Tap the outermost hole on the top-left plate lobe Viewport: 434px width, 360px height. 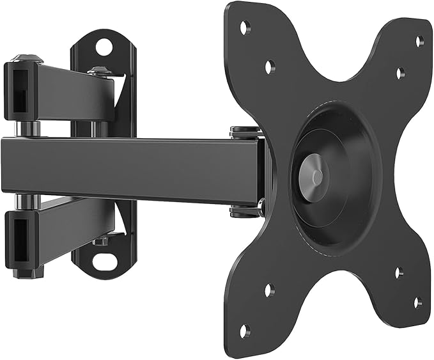click(x=244, y=27)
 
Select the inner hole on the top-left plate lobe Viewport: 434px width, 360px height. click(x=270, y=65)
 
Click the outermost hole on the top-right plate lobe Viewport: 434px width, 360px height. click(x=419, y=41)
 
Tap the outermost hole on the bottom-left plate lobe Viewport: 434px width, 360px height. click(x=244, y=331)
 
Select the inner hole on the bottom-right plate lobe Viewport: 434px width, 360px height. click(x=398, y=272)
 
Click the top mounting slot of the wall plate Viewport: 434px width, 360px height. click(x=103, y=46)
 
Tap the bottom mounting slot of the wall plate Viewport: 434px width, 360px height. click(x=102, y=261)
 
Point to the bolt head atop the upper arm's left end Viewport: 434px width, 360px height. click(x=28, y=58)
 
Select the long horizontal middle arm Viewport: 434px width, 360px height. click(x=128, y=169)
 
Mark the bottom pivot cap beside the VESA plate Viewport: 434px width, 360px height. click(x=245, y=210)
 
